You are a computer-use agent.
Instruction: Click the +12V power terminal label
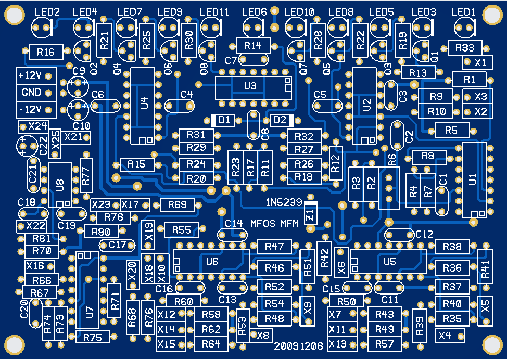tap(30, 75)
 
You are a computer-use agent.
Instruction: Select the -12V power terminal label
tap(30, 110)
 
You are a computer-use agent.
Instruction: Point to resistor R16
tap(46, 52)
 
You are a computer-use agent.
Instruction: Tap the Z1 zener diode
tap(311, 213)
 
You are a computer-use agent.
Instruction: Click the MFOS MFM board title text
tap(275, 224)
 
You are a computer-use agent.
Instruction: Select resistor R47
tap(274, 247)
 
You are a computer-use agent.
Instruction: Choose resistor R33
tap(464, 48)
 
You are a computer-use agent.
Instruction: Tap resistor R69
tap(177, 205)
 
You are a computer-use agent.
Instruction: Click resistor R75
tap(92, 337)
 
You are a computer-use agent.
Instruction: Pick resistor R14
tap(252, 45)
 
